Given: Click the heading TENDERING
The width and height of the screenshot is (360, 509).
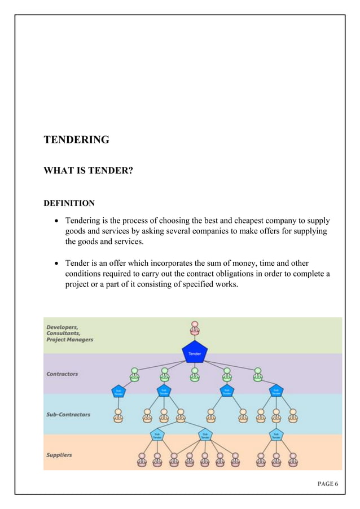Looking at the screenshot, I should pyautogui.click(x=77, y=139).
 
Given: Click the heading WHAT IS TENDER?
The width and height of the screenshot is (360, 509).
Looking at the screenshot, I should pyautogui.click(x=89, y=169).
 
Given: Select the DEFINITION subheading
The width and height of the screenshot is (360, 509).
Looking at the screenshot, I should pyautogui.click(x=69, y=203).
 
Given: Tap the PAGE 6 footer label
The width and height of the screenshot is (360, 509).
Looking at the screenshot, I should pyautogui.click(x=328, y=484).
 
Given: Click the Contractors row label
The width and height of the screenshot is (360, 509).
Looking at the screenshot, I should pyautogui.click(x=62, y=374).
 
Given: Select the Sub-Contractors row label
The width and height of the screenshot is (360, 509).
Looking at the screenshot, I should pyautogui.click(x=68, y=415).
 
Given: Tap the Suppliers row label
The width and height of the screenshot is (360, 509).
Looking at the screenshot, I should pyautogui.click(x=59, y=455).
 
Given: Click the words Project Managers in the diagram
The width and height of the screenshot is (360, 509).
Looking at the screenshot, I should pyautogui.click(x=69, y=340).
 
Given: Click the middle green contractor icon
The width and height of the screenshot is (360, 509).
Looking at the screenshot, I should pyautogui.click(x=195, y=374).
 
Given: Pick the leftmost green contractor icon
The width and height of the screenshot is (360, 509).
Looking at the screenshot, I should pyautogui.click(x=135, y=374).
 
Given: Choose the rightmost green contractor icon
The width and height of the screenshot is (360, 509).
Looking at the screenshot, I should pyautogui.click(x=257, y=374).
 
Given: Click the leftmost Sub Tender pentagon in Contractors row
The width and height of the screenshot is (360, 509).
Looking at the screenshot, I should pyautogui.click(x=119, y=390).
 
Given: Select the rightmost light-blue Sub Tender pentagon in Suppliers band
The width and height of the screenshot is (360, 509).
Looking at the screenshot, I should pyautogui.click(x=276, y=435).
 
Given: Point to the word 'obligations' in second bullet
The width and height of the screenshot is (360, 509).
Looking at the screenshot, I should pyautogui.click(x=232, y=274).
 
